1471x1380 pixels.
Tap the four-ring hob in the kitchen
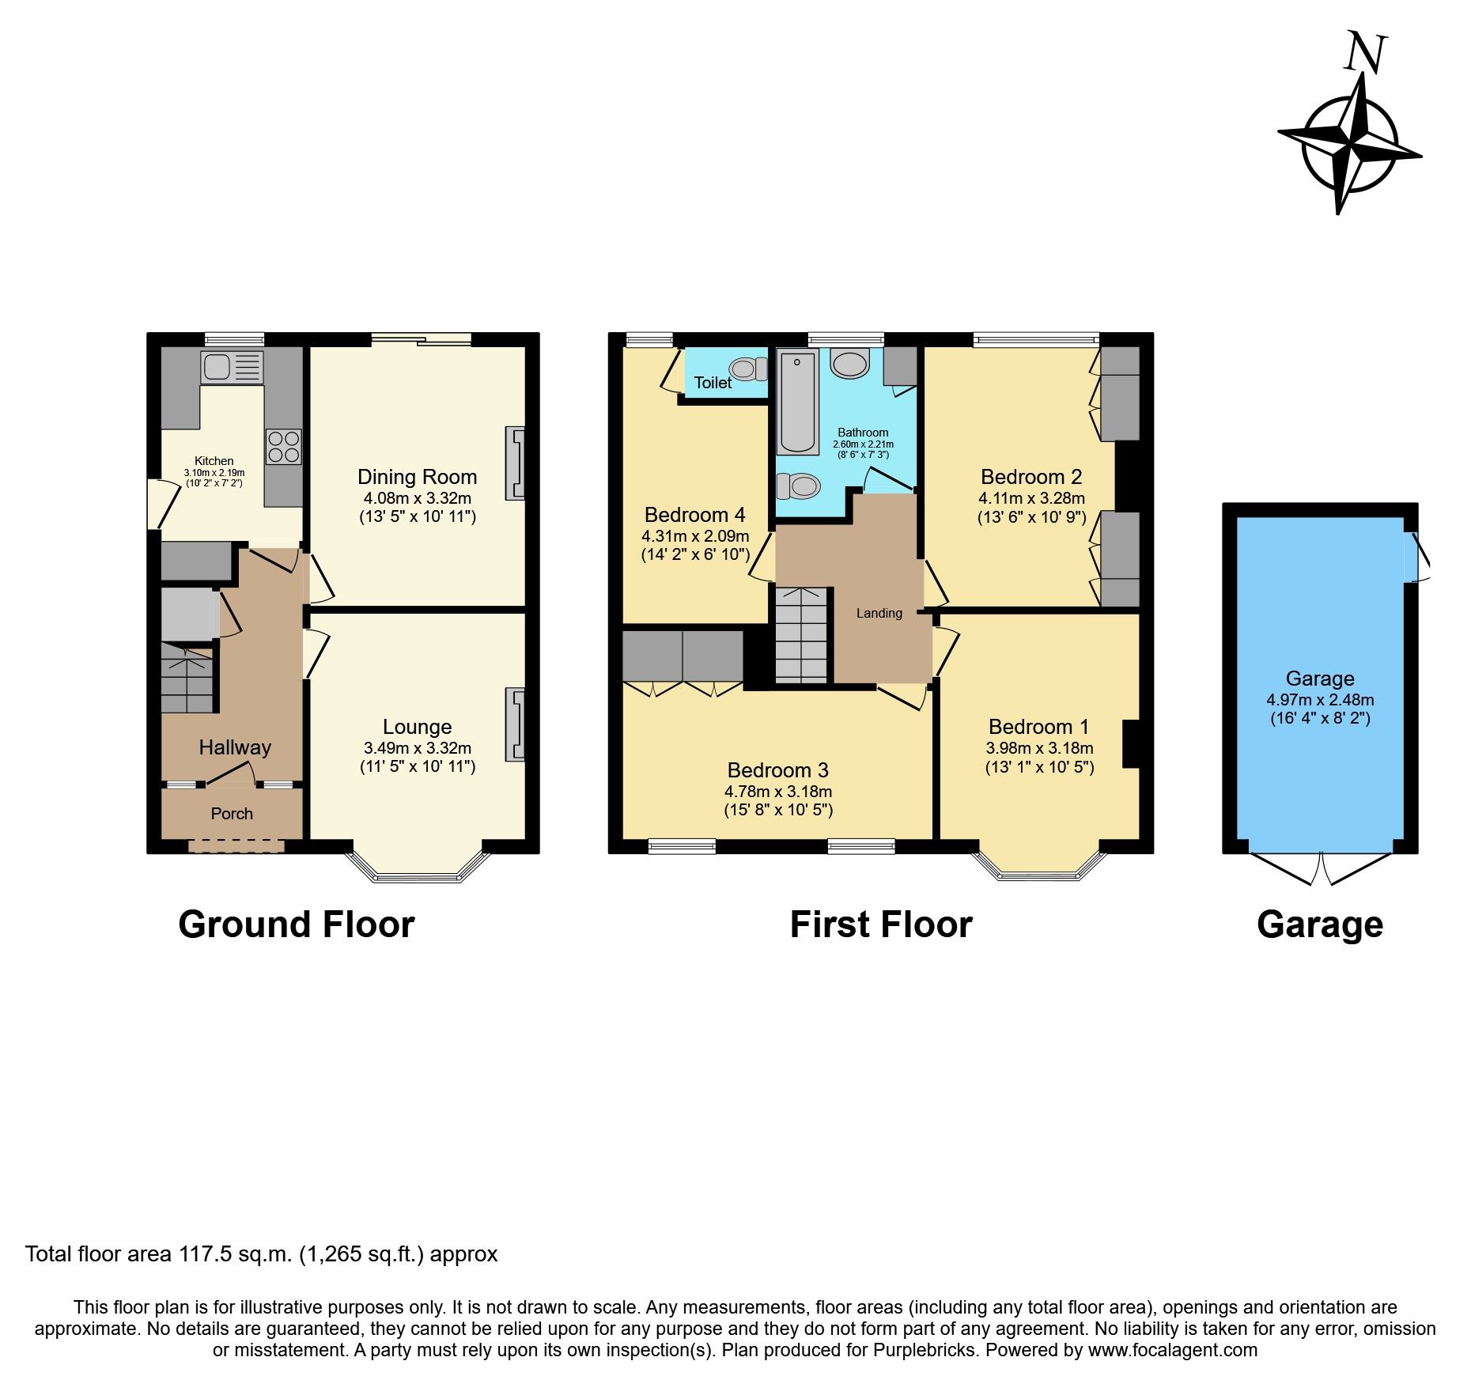[x=283, y=446]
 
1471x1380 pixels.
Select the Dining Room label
[x=417, y=477]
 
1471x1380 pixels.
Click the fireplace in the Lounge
[x=515, y=724]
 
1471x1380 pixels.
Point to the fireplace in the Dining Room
[x=515, y=463]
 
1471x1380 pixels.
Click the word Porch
[x=232, y=814]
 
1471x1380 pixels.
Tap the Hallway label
[x=235, y=747]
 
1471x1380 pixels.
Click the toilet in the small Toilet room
[x=748, y=369]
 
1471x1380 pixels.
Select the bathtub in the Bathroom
[x=798, y=403]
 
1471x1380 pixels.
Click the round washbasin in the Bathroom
[x=850, y=365]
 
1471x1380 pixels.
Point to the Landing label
[x=879, y=613]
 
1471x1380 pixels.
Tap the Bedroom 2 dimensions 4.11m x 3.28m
[x=1031, y=498]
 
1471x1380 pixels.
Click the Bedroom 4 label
[x=694, y=515]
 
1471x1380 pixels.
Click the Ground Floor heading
[x=296, y=924]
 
